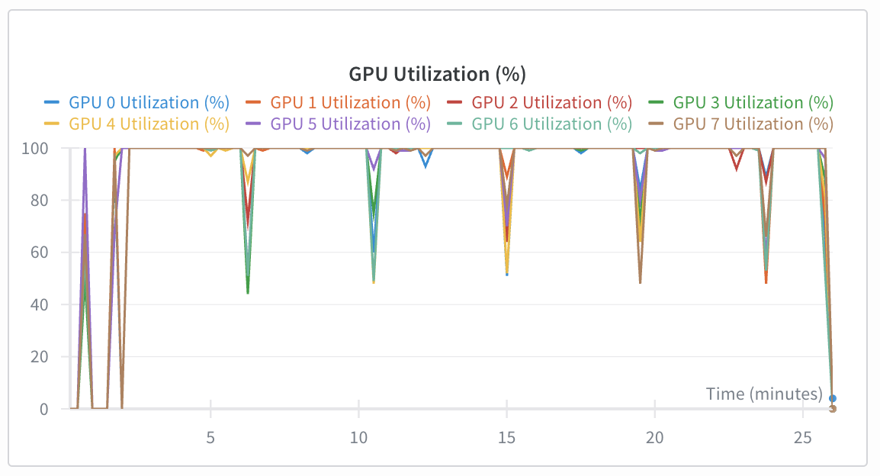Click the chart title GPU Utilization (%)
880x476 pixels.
pos(438,74)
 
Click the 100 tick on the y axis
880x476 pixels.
pos(37,148)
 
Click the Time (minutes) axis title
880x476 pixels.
pos(764,394)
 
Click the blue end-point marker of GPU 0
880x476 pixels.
pos(833,398)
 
